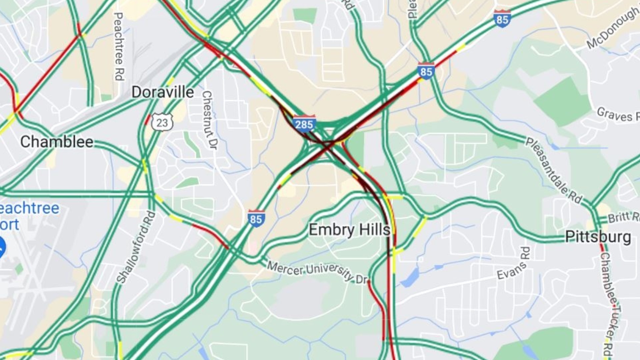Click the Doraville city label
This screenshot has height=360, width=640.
tap(163, 92)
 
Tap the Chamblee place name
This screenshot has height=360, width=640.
tap(57, 142)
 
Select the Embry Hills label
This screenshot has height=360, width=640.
tap(349, 230)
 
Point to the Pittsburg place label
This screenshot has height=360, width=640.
tap(598, 237)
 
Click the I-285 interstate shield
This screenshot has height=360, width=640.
tap(304, 124)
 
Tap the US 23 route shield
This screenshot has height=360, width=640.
tap(162, 122)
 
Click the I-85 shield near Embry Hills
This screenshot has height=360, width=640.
tap(256, 219)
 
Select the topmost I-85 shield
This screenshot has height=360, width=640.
tap(502, 19)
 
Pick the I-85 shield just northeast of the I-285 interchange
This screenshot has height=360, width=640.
tap(426, 71)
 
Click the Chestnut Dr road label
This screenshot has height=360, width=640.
tap(209, 120)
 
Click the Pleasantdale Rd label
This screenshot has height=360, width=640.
tap(553, 170)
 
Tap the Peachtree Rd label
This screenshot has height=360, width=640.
tap(119, 47)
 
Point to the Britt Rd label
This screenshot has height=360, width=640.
tap(623, 217)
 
